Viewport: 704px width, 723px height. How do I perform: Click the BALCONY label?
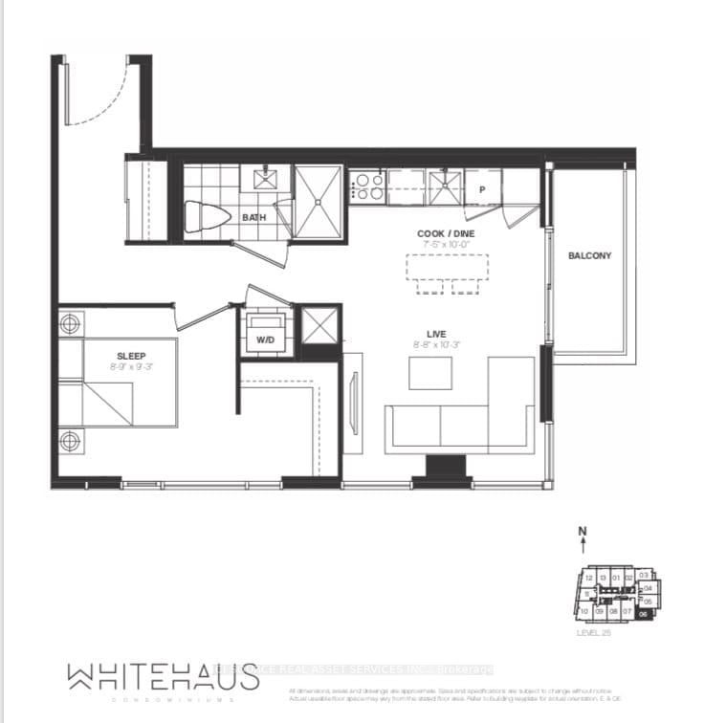[588, 255]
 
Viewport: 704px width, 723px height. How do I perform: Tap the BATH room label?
[253, 217]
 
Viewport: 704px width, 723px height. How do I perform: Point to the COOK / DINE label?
[446, 233]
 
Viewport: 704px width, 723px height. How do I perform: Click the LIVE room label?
[436, 334]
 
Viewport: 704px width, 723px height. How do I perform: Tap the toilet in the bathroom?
[207, 217]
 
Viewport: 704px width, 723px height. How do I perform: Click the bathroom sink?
[265, 178]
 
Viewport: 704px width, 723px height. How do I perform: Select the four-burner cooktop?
[366, 186]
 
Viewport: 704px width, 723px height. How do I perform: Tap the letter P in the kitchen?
[483, 189]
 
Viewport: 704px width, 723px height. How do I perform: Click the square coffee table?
[429, 372]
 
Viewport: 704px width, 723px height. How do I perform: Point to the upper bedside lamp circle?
[70, 324]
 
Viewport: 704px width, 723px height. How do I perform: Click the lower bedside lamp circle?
[70, 441]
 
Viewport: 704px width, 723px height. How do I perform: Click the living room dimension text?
[436, 344]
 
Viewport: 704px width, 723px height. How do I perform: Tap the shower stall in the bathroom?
[318, 202]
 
